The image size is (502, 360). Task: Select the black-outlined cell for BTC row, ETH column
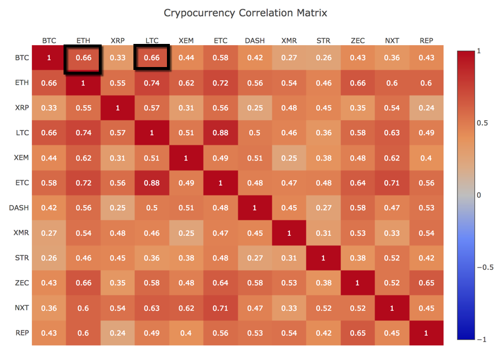click(x=84, y=58)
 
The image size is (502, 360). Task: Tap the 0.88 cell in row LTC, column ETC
click(x=220, y=133)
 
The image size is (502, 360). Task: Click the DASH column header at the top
click(x=255, y=40)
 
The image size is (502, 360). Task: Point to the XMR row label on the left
click(x=21, y=232)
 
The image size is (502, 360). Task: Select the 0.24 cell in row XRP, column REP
click(x=426, y=108)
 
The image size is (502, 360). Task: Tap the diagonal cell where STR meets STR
click(x=323, y=258)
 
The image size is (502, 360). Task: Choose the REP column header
click(x=426, y=40)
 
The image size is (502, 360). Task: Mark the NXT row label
click(x=21, y=307)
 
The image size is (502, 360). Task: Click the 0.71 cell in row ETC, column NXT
click(x=392, y=183)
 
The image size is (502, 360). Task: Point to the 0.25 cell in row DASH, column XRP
click(x=118, y=207)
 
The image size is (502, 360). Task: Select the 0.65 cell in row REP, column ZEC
click(x=358, y=332)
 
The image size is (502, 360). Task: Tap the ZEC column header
click(x=358, y=40)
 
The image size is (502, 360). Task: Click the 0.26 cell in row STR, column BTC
click(x=49, y=258)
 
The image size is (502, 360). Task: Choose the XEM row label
click(x=21, y=158)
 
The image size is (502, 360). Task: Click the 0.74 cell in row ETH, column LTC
click(x=152, y=83)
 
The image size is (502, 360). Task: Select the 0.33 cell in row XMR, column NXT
click(x=392, y=232)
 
